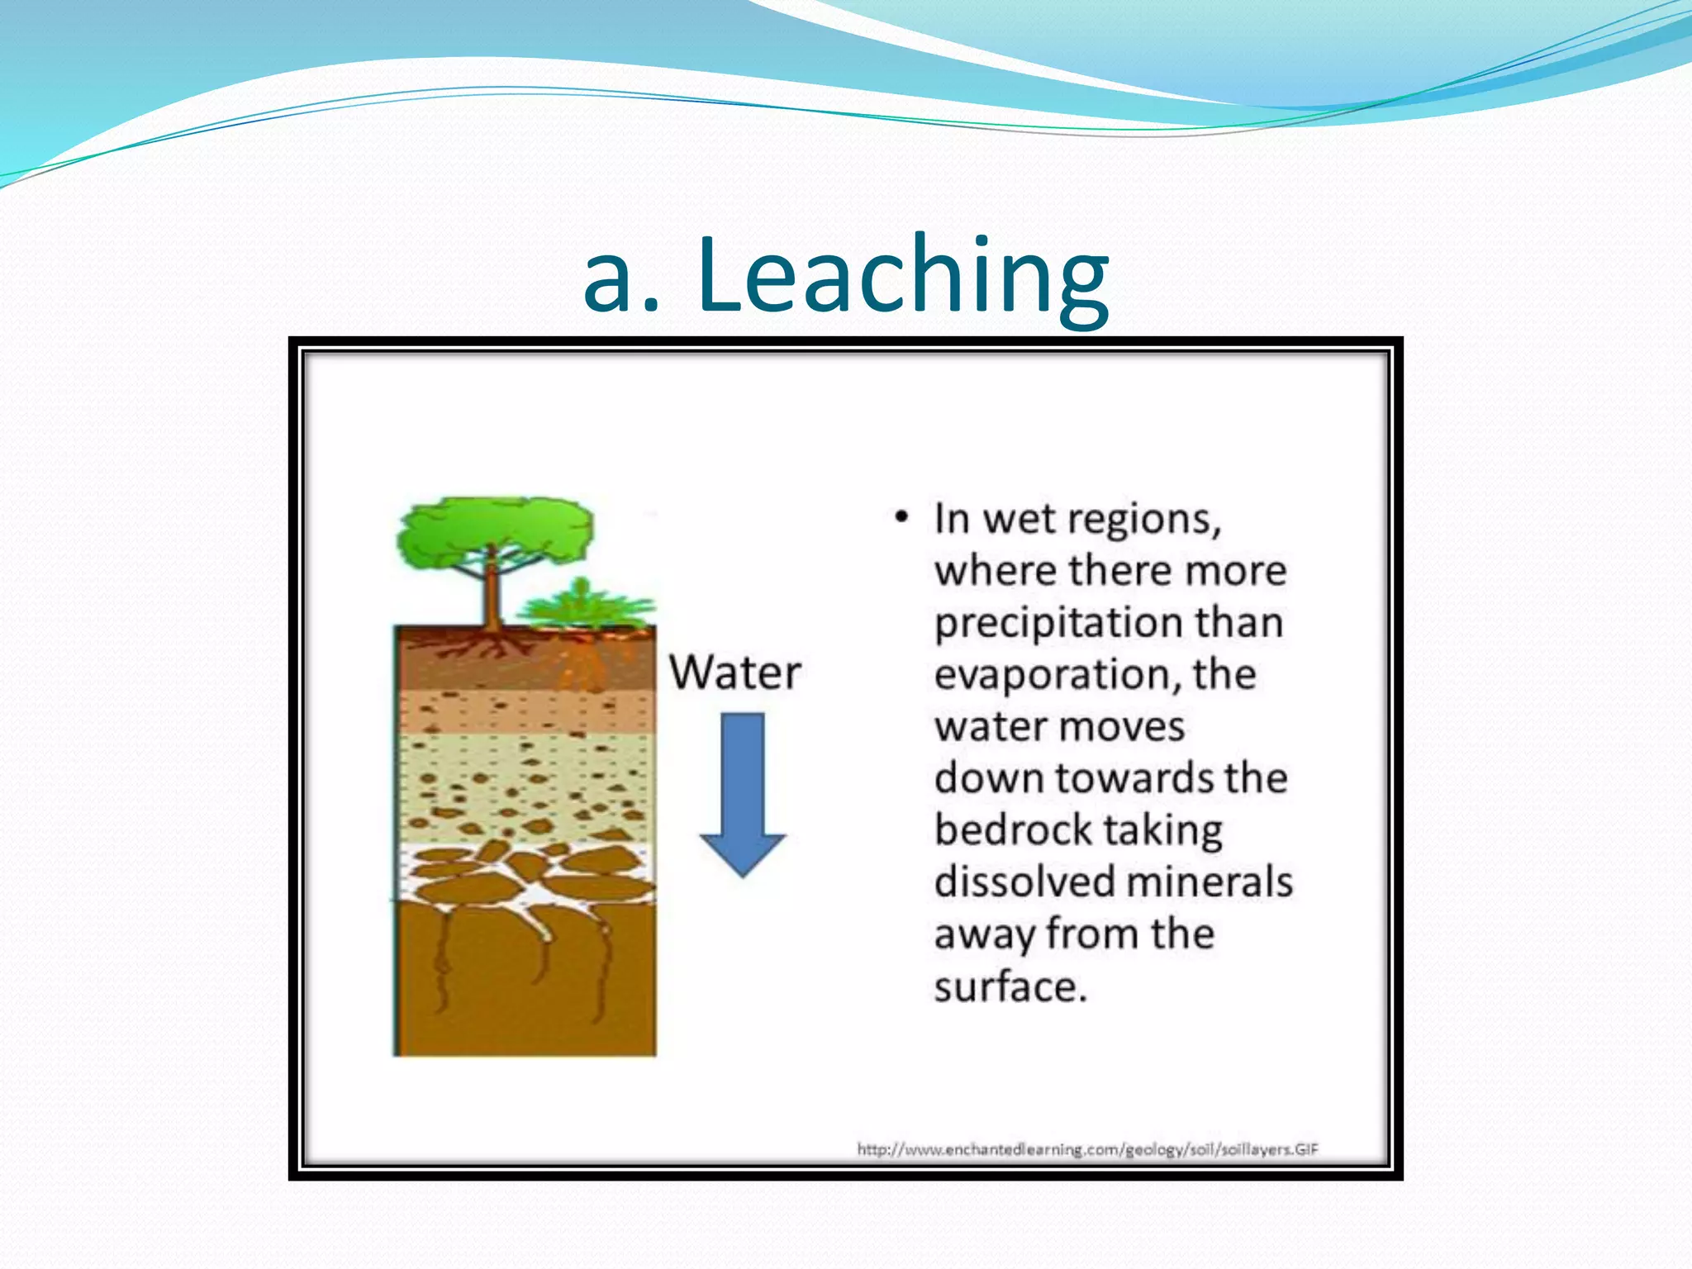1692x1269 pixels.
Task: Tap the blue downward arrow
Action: click(x=743, y=793)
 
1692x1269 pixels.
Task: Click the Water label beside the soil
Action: click(x=734, y=673)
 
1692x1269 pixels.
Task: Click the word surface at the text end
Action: click(x=1010, y=986)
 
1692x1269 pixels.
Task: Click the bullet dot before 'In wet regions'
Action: click(x=901, y=519)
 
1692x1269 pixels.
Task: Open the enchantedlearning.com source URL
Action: click(x=1087, y=1149)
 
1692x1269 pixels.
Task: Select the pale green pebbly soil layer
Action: click(x=525, y=785)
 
